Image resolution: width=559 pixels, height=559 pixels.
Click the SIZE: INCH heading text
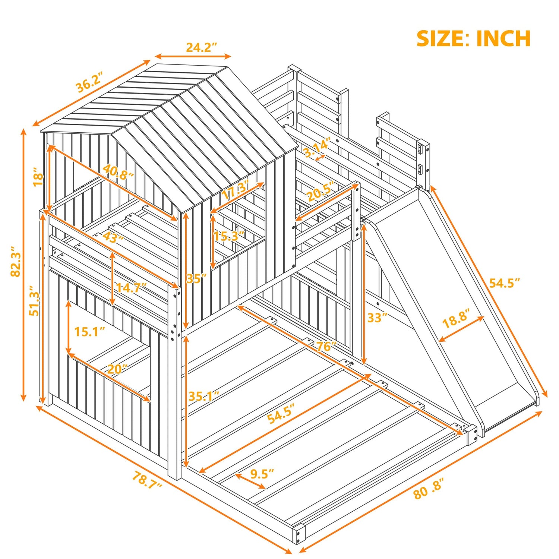click(x=473, y=39)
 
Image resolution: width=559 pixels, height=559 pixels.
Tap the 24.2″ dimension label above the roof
click(x=201, y=47)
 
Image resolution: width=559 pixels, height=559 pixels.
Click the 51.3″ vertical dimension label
click(x=35, y=301)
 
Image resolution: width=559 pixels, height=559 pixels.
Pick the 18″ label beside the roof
click(x=38, y=177)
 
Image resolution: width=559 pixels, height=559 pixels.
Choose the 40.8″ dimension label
click(x=118, y=172)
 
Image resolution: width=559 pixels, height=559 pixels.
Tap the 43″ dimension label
click(x=113, y=237)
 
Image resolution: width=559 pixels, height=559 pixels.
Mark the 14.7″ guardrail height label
click(x=131, y=287)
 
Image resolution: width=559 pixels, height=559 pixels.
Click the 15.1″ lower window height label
click(x=89, y=331)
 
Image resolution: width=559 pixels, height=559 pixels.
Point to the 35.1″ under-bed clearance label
click(x=203, y=396)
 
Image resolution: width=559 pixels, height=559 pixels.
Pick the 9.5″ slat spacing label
click(x=262, y=474)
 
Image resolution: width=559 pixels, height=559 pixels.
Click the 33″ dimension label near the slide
click(x=378, y=318)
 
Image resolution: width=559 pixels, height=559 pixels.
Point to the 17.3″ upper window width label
click(x=236, y=190)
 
